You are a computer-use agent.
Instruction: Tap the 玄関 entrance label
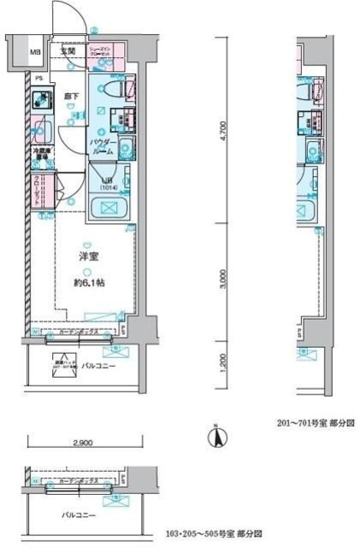[x=68, y=51]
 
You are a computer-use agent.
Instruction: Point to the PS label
[x=38, y=79]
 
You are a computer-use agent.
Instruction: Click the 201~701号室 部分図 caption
[x=315, y=422]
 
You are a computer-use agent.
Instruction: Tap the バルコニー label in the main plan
[x=94, y=364]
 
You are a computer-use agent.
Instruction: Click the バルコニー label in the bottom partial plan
[x=78, y=515]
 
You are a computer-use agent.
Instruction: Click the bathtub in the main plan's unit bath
[x=108, y=209]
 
